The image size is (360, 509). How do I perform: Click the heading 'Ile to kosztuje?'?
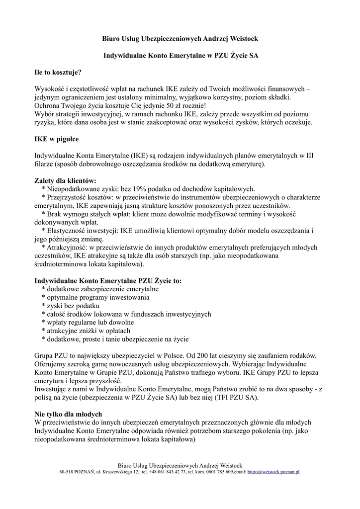tap(58, 72)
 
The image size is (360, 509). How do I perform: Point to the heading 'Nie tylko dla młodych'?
tap(68, 414)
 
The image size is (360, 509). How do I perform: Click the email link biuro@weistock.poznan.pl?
tap(273, 471)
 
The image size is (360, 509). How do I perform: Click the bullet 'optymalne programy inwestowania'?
tap(95, 297)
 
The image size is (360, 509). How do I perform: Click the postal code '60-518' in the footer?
tap(67, 471)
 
